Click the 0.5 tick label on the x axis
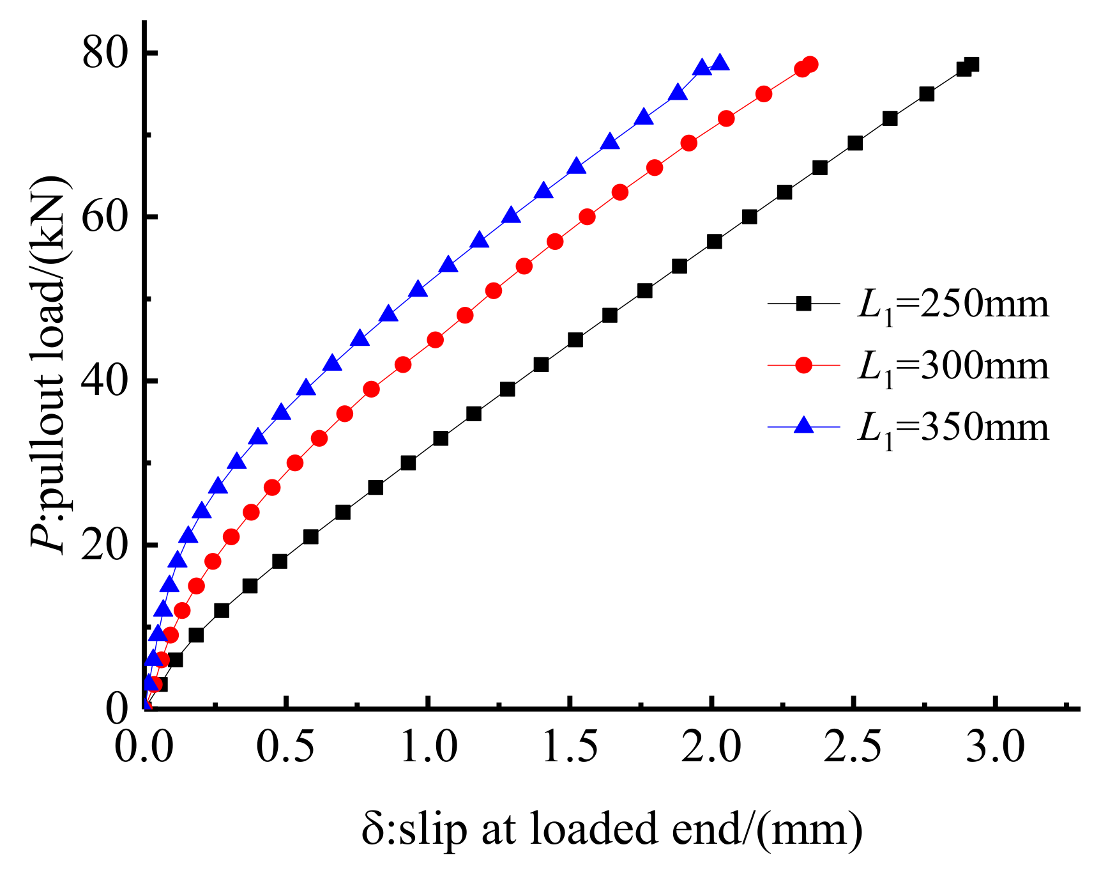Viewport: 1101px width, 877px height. (x=286, y=746)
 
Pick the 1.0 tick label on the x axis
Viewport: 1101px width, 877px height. (x=429, y=746)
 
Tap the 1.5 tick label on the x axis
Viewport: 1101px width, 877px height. (x=570, y=746)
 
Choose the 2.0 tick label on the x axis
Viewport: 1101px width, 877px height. (x=711, y=746)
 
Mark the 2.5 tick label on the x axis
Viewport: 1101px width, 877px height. (x=853, y=746)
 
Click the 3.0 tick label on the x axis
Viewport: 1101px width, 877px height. (x=995, y=746)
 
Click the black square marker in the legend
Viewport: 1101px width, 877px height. (x=803, y=304)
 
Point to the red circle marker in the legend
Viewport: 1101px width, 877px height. (x=803, y=365)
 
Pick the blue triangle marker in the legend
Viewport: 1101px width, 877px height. (x=803, y=425)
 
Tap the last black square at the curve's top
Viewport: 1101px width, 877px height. (x=971, y=65)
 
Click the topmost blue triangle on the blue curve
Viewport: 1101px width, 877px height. (x=720, y=63)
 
